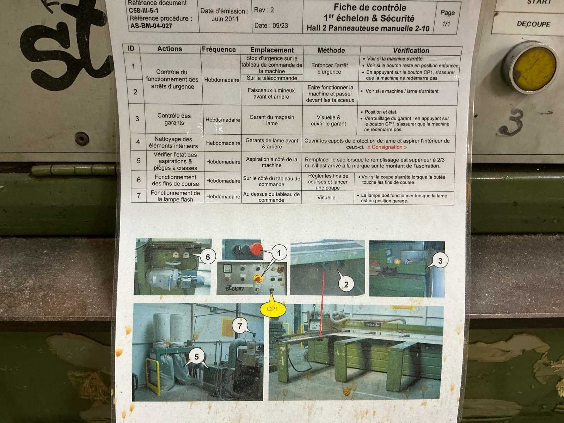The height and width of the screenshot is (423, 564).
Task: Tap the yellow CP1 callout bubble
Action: point(273,308)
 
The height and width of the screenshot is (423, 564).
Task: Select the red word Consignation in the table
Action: point(387,147)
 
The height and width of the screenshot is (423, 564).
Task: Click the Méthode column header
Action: point(331,50)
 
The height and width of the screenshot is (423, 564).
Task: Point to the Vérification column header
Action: point(411,51)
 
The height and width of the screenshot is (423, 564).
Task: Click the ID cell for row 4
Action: point(138,142)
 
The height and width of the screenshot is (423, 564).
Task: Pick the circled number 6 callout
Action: point(208,257)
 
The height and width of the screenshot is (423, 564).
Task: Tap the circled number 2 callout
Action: point(346,284)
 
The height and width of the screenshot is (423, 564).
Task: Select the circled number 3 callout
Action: point(440,261)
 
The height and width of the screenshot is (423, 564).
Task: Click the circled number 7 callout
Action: point(240,326)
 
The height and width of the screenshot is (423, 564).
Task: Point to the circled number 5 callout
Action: point(196,357)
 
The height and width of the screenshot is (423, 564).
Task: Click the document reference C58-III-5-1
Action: point(143,11)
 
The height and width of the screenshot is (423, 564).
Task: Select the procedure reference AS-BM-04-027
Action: point(151,26)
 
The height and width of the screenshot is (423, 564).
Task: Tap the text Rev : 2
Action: point(264,10)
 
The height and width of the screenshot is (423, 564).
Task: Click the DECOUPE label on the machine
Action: point(533,24)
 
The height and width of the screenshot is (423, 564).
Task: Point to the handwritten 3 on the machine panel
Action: point(512,122)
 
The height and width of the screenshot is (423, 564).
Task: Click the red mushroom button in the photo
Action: point(256,249)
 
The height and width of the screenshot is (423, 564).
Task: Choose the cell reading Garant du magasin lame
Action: point(272,120)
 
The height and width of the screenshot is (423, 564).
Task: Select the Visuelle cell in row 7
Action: point(326,197)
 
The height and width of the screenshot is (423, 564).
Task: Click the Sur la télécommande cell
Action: point(272,78)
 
